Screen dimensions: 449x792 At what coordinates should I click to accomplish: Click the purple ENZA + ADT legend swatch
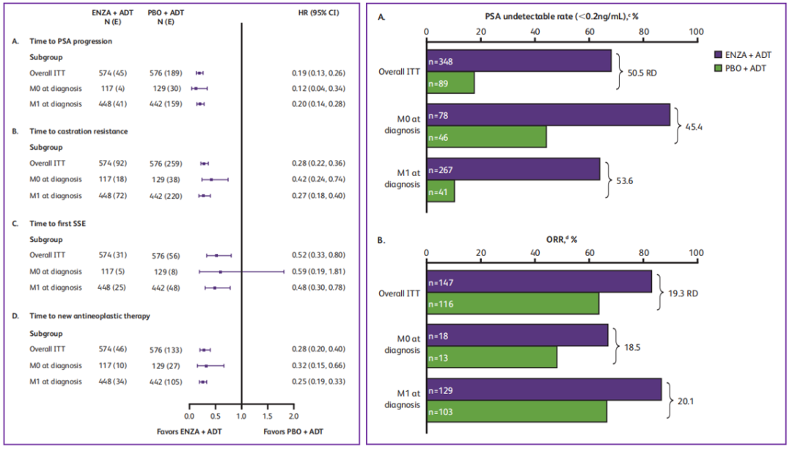click(x=719, y=55)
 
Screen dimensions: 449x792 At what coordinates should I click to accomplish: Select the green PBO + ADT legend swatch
click(x=719, y=68)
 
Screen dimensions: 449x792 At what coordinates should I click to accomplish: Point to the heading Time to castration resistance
click(x=80, y=131)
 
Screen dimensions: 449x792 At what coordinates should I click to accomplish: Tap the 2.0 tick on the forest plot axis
click(x=293, y=406)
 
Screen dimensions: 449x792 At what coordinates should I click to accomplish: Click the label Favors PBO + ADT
click(x=293, y=431)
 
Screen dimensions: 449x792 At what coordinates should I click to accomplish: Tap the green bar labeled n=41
click(x=440, y=191)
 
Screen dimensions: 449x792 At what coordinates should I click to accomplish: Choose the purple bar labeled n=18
click(x=517, y=335)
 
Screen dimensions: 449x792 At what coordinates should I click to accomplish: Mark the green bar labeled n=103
click(x=516, y=412)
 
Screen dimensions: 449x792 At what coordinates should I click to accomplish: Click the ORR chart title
click(x=560, y=239)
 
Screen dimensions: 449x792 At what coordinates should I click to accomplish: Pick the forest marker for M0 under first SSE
click(x=221, y=271)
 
